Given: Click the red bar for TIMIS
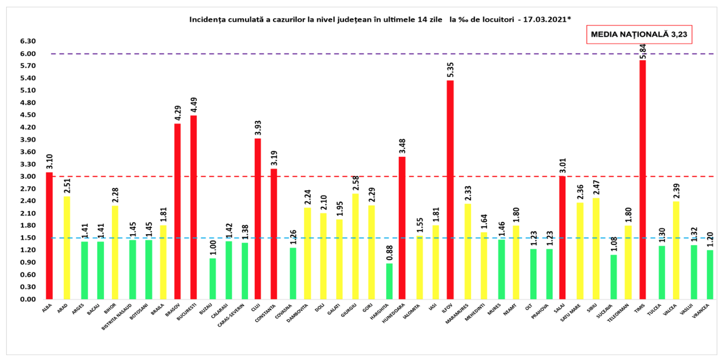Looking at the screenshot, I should [643, 180].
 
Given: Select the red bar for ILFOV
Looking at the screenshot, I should [450, 190].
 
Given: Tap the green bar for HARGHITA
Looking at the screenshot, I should [389, 281].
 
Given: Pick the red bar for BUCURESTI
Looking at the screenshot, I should [193, 207].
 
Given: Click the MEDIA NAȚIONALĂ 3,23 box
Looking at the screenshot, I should [640, 35].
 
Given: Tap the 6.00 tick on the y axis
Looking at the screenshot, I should [28, 54].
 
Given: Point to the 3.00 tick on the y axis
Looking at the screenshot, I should [28, 177].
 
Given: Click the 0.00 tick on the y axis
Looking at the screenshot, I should [28, 300].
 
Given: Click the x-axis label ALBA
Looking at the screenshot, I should [47, 308].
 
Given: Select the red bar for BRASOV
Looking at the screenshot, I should [178, 212].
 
